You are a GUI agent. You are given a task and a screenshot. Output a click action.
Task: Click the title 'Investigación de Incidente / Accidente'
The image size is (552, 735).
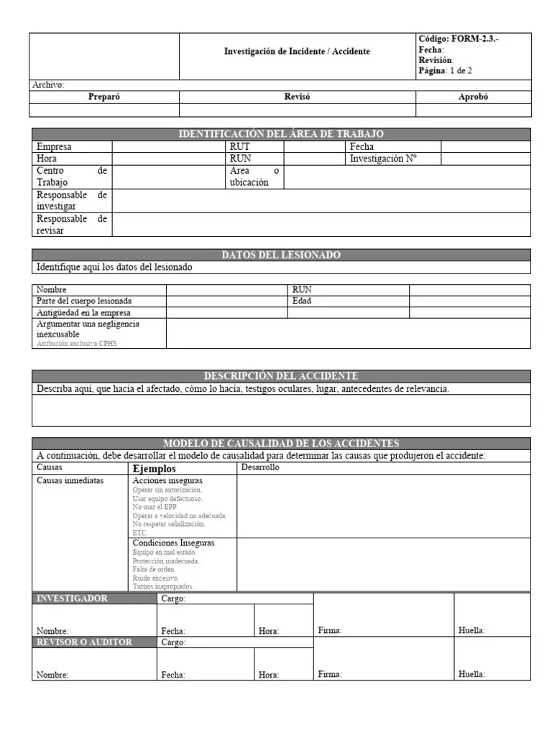pos(297,52)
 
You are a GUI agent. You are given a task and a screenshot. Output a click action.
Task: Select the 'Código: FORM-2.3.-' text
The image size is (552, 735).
pos(458,39)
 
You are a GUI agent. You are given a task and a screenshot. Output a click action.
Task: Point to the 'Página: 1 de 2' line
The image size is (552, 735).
pos(445,70)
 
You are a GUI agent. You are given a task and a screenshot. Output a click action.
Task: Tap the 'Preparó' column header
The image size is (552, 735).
pos(103,97)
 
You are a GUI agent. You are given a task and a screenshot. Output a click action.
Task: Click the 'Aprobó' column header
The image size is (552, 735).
pos(473,97)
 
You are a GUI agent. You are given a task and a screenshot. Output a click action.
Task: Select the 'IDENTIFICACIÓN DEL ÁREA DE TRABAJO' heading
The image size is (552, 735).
pos(281,134)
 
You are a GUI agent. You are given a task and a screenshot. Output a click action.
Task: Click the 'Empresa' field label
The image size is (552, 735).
pos(54,146)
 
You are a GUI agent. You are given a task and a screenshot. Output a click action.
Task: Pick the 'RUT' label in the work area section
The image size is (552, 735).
pos(239,146)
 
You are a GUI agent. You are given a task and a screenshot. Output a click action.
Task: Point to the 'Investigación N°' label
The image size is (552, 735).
pos(383,159)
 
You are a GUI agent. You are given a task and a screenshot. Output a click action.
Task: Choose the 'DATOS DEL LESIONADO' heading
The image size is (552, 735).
pos(281,255)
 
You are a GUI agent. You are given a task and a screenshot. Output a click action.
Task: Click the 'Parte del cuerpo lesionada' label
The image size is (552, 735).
pos(84,301)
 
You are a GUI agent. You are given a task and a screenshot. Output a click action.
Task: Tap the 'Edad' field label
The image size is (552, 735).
pos(302,301)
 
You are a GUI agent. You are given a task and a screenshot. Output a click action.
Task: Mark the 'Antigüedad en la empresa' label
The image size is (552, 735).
pos(83,313)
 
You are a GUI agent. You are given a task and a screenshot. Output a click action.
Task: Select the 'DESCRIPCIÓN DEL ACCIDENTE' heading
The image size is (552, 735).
pos(281,376)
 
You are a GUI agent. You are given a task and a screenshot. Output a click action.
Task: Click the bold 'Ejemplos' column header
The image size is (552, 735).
pos(155,469)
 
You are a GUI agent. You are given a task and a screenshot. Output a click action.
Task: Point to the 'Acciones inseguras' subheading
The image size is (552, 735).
pos(167,480)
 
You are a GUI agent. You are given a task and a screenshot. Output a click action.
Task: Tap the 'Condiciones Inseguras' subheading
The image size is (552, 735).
pos(174,543)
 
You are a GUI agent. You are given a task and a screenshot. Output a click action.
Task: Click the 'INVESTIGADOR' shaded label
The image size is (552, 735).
pos(73,599)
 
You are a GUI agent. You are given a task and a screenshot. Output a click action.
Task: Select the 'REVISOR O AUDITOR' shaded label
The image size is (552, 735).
pos(85,642)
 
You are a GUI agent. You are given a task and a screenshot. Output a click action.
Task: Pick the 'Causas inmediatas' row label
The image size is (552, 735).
pos(70,480)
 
